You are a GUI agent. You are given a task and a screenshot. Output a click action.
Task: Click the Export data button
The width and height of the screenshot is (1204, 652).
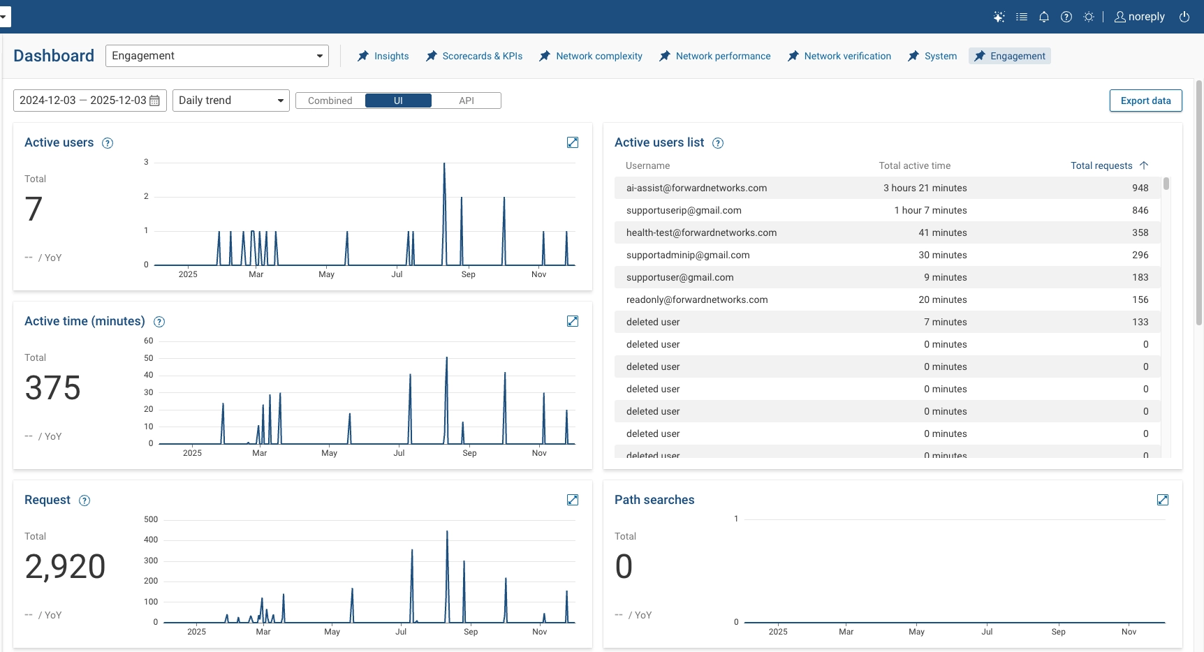1145,101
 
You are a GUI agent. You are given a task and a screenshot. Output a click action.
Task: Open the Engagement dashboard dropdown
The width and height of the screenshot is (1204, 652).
216,56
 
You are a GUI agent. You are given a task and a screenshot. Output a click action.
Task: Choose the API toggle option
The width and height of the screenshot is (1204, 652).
466,101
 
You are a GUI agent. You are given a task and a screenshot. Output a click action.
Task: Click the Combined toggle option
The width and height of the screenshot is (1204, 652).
330,101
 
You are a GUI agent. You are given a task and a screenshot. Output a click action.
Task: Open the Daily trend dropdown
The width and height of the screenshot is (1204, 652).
230,101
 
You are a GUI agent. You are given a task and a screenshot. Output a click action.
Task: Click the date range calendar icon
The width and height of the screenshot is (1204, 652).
155,101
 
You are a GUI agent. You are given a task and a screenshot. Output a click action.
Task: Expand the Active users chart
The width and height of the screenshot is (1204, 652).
573,142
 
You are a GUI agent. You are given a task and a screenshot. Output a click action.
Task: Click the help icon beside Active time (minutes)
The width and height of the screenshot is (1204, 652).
159,322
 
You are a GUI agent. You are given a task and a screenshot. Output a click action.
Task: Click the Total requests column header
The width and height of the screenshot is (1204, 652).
1101,165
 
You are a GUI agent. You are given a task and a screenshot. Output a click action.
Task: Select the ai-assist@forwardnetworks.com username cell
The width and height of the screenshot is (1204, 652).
696,188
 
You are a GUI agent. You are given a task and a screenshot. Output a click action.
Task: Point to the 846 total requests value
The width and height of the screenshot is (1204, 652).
1140,210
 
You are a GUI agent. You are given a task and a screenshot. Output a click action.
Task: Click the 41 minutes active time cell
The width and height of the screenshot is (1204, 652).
942,232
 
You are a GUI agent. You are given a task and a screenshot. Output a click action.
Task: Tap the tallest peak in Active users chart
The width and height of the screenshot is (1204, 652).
444,165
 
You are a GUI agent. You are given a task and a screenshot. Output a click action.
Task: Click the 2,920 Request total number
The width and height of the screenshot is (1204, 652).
65,566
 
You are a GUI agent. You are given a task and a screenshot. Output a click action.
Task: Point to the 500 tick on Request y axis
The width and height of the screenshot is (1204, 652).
151,519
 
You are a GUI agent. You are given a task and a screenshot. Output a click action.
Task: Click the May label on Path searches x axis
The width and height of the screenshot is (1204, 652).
916,632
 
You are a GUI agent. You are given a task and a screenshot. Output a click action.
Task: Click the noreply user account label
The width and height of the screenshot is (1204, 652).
1146,17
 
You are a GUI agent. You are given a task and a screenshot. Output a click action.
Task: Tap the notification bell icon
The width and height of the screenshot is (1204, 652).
1044,17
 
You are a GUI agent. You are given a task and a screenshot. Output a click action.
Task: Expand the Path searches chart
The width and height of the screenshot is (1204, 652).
1163,500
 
